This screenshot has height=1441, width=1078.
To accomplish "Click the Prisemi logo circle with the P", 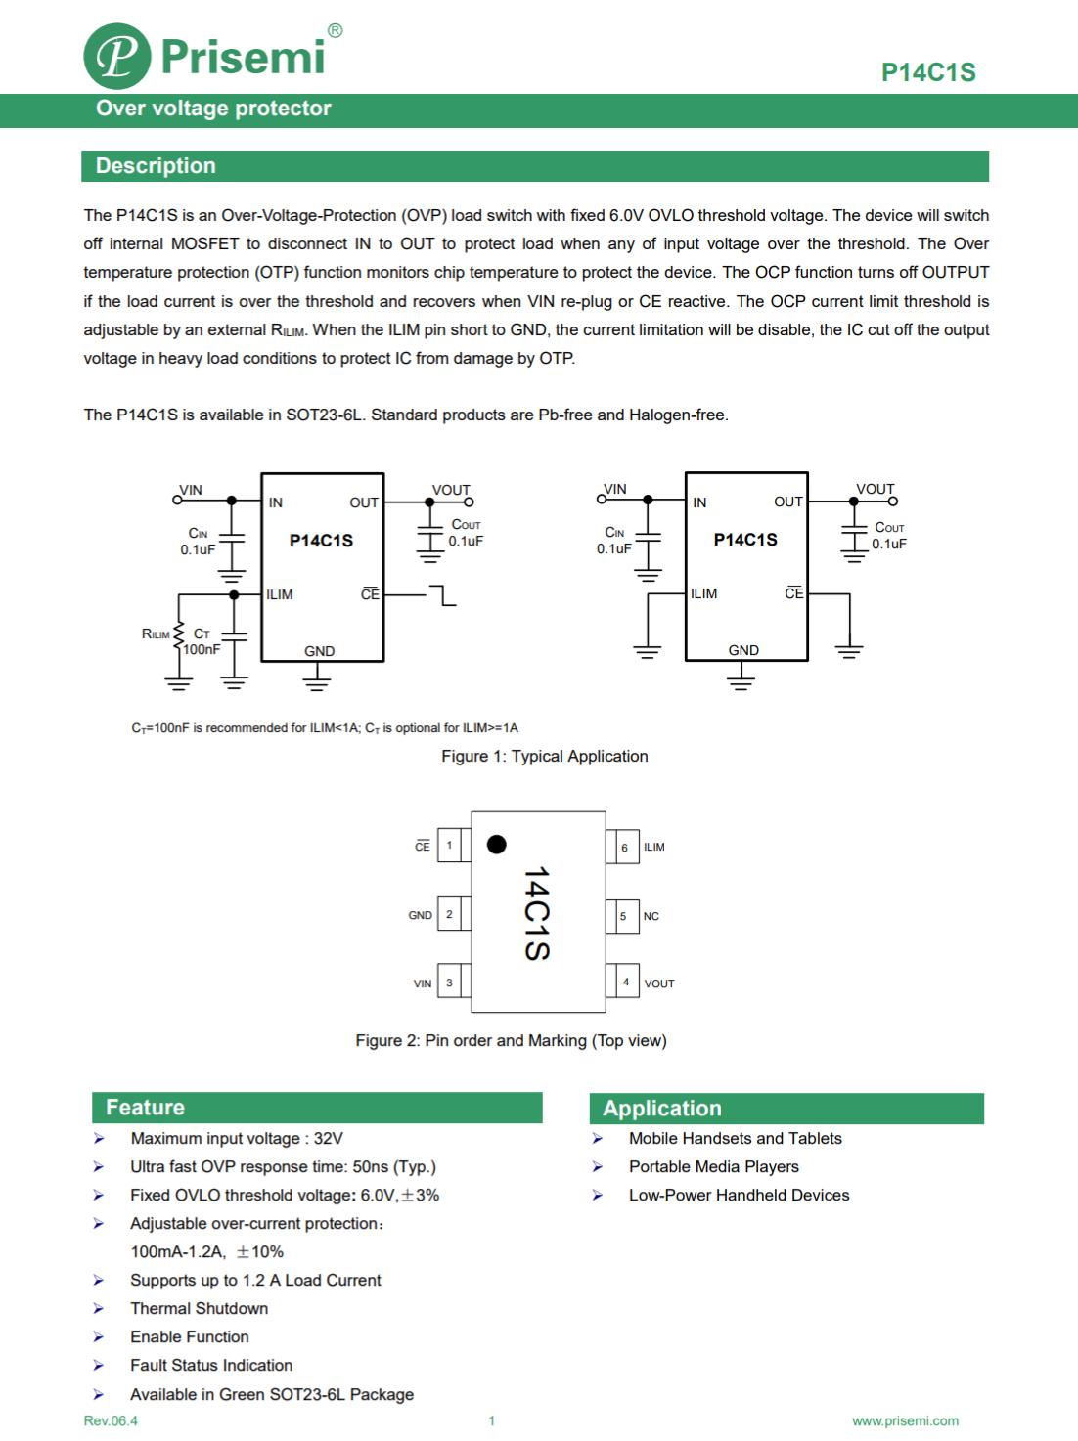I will point(117,57).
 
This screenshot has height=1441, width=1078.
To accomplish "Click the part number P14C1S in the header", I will point(927,72).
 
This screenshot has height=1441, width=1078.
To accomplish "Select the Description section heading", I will point(156,166).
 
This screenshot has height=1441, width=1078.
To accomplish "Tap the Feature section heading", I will point(145,1108).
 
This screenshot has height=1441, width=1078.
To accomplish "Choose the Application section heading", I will point(662,1109).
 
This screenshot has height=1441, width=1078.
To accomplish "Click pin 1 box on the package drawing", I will point(450,846).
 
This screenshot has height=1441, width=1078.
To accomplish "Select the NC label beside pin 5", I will point(651,916).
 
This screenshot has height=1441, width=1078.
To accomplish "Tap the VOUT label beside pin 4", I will point(659,983).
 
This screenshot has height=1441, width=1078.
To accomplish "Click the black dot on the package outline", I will point(497,844).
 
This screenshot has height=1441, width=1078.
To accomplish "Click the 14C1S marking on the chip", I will point(536,913).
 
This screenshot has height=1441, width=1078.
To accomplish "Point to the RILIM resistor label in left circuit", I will point(156,634).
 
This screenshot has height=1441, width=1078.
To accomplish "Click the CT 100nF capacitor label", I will point(202,642).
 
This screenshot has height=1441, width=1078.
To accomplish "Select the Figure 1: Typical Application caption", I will point(544,756).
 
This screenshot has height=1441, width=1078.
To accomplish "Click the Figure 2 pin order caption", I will point(511,1040).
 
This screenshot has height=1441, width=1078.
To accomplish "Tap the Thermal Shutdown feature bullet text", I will point(199,1308).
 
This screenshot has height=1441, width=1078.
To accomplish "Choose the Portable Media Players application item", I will point(713,1166).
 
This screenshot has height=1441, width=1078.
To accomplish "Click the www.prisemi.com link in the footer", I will point(905,1420).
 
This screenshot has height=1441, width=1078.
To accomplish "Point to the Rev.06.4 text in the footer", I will point(111,1420).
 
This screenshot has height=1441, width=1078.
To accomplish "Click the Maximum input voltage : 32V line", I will point(237,1138).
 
